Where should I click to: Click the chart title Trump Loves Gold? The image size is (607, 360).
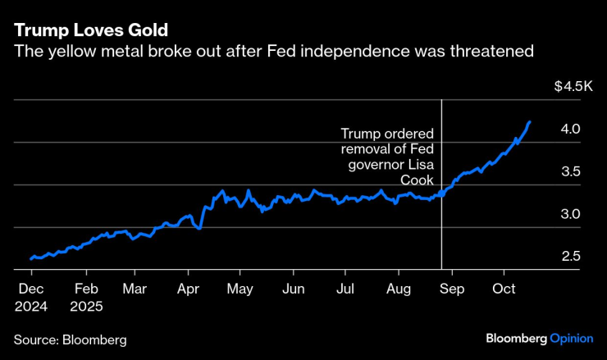pos(90,30)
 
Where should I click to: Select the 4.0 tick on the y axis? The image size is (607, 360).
pos(571,129)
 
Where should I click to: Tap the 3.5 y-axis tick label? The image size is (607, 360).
pos(571,171)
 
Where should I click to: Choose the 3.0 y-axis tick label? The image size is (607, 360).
pos(571,214)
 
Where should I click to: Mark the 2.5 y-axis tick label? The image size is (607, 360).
pos(571,257)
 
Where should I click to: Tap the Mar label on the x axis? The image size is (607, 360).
pos(135,289)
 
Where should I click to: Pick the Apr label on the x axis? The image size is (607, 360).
pos(188,289)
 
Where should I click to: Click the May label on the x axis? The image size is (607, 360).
pos(240,289)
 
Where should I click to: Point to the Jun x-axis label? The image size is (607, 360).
pos(293,289)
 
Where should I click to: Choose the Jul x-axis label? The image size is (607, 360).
pos(345,289)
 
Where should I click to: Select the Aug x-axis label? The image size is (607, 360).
pos(398,289)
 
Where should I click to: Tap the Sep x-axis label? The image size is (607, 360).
pos(452,289)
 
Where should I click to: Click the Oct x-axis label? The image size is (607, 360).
pos(504,289)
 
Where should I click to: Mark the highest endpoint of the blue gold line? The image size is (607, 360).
pos(529,122)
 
